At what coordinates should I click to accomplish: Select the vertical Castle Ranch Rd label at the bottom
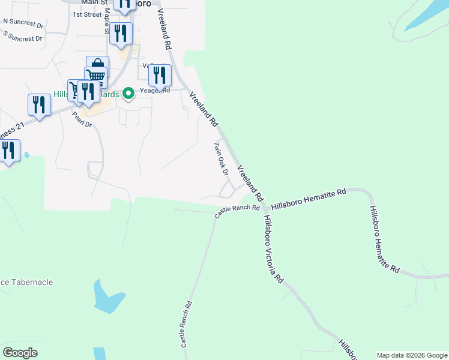pyautogui.click(x=187, y=324)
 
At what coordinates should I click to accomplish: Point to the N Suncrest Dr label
pyautogui.click(x=23, y=22)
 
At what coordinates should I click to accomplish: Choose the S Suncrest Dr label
pyautogui.click(x=23, y=37)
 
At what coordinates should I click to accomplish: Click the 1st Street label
pyautogui.click(x=87, y=14)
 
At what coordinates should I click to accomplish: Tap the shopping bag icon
pyautogui.click(x=97, y=64)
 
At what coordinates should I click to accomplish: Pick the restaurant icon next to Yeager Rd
pyautogui.click(x=160, y=75)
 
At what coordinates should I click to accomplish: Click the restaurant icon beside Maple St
pyautogui.click(x=121, y=33)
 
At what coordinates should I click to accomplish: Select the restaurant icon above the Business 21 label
pyautogui.click(x=39, y=104)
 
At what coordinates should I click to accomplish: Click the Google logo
pyautogui.click(x=20, y=352)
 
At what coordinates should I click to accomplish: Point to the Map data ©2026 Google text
pyautogui.click(x=411, y=355)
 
